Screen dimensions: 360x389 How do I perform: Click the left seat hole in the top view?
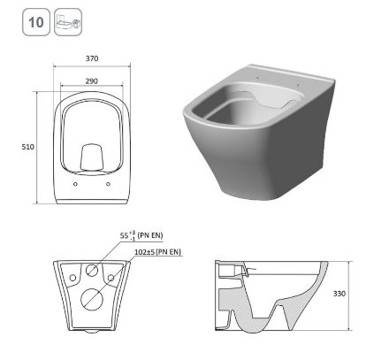click(73, 185)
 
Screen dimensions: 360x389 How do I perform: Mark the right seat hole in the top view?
click(108, 185)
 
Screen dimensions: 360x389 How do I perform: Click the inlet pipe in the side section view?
click(227, 270)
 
